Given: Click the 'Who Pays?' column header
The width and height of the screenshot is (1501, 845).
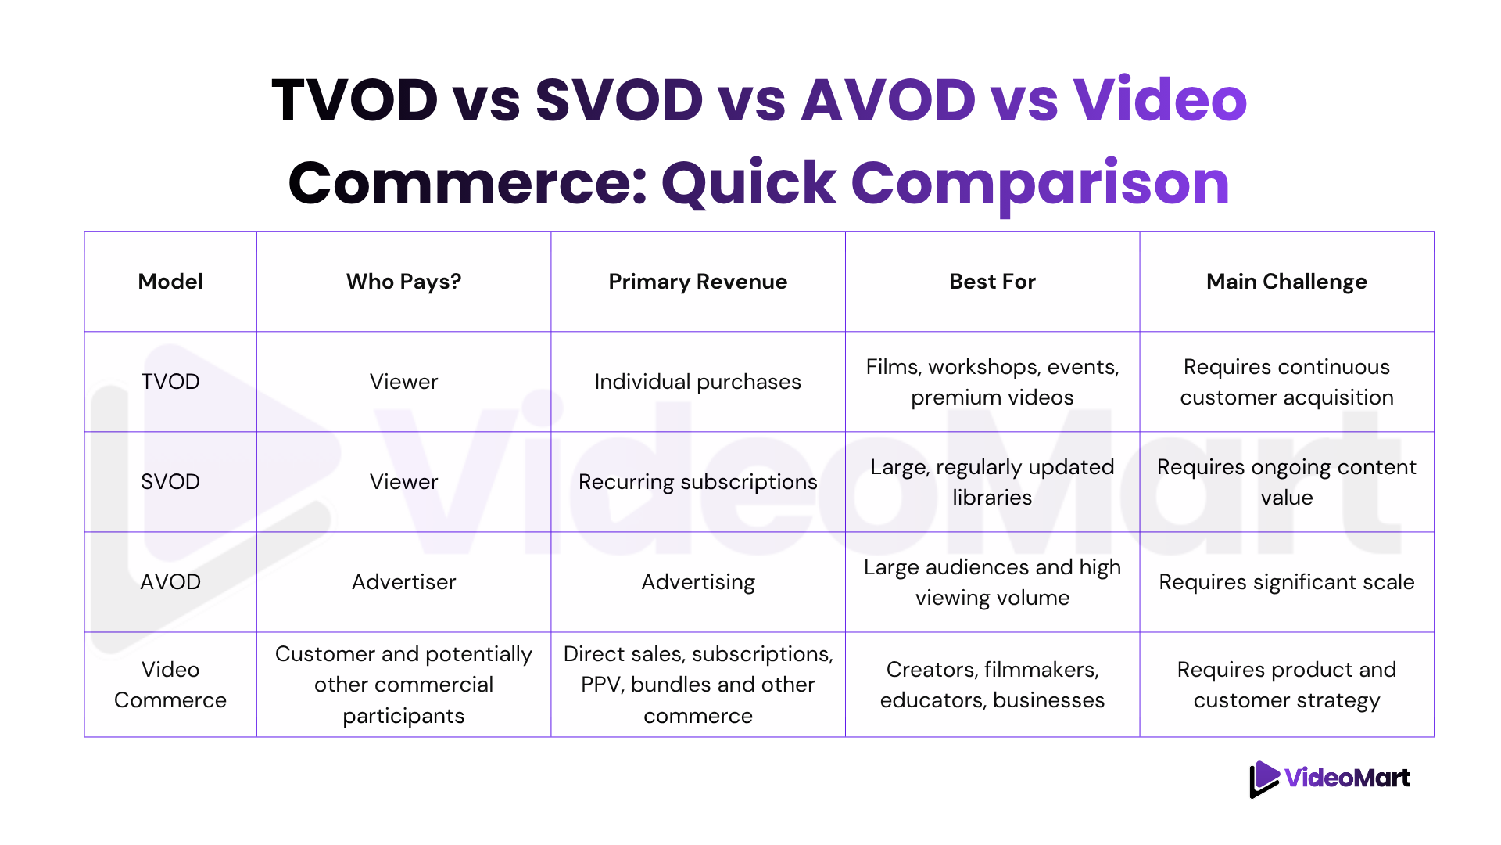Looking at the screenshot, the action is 403,282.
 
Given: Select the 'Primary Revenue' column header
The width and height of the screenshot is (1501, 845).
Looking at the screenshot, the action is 698,282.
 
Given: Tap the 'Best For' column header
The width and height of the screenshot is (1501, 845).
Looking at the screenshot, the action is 992,282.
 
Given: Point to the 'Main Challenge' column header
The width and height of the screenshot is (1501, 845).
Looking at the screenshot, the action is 1287,282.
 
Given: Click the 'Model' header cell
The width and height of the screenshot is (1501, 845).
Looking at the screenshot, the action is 170,282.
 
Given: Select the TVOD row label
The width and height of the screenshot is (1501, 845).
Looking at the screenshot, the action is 170,382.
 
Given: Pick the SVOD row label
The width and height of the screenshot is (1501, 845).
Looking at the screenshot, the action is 170,482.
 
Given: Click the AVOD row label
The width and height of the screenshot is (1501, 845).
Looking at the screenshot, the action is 170,582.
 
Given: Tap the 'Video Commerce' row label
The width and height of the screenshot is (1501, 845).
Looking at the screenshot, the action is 170,685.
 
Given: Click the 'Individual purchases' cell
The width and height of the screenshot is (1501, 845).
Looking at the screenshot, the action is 698,382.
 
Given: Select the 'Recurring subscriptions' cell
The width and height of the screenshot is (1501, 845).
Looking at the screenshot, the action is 698,482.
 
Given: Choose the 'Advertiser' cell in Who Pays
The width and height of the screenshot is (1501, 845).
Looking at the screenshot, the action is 403,582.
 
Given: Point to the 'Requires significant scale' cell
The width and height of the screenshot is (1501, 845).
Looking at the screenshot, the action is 1287,582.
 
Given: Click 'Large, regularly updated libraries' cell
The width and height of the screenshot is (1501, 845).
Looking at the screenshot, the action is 992,482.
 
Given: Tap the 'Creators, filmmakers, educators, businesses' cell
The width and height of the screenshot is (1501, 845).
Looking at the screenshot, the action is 992,685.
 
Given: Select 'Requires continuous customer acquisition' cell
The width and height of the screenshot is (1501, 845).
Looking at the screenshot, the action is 1287,382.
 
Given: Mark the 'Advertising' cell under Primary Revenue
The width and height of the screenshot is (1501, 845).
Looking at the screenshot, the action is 698,582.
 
